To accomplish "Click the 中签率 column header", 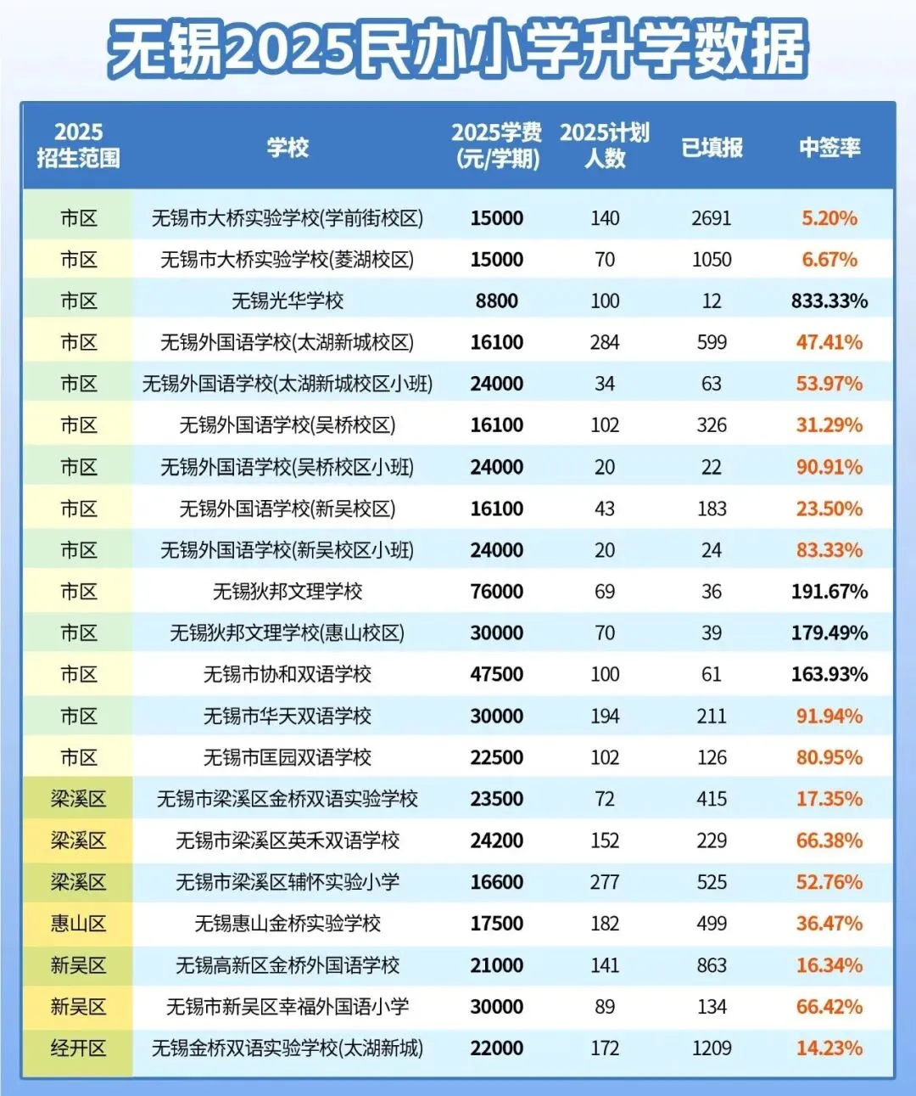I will point(829,148).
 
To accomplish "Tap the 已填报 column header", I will point(712,148).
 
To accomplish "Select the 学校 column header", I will point(288,148).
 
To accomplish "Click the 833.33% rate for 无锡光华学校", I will point(829,301).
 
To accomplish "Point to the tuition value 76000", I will point(496,592).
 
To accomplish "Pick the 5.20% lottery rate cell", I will point(829,218).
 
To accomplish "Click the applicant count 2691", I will point(711,218).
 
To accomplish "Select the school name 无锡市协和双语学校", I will point(288,675).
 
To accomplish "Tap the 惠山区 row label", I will point(78,924).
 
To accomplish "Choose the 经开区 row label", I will point(78,1048).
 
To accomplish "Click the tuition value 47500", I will point(496,675).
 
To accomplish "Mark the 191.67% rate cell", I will point(829,592).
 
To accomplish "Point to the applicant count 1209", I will point(711,1048).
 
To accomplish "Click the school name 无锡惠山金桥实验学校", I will point(288,924).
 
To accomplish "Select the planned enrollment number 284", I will point(604,343).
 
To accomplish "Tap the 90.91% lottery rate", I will point(829,468).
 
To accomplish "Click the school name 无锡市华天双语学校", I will point(288,717).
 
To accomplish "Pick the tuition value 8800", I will point(496,301).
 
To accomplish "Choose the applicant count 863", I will point(711,965).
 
